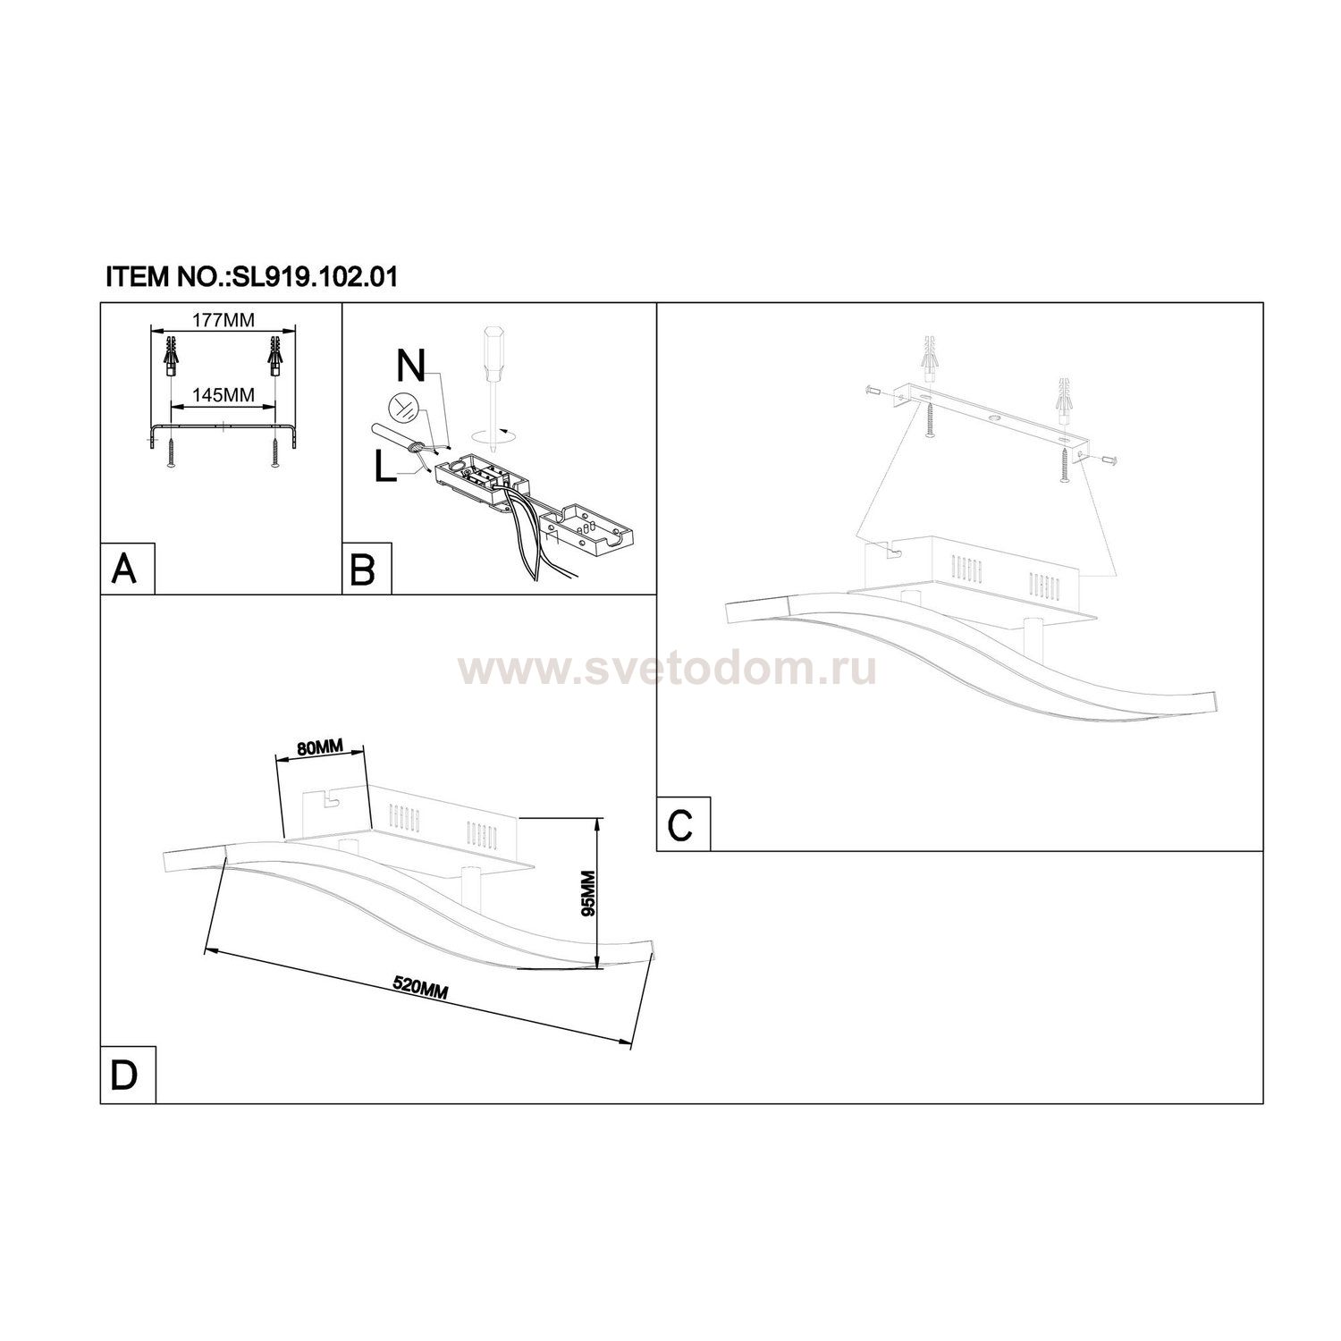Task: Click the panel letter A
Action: click(124, 569)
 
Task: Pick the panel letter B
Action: click(364, 569)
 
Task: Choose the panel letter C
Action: click(681, 824)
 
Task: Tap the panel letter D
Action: click(124, 1075)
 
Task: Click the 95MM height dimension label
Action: click(588, 894)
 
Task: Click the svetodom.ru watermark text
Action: click(667, 669)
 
